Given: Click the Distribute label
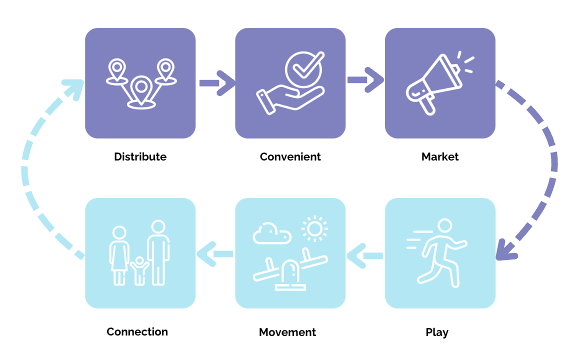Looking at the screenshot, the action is pos(140,157).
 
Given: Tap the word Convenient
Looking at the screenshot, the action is pos(290,157).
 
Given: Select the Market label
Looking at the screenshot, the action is pos(440,157).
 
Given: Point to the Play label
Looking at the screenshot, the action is pos(437,332).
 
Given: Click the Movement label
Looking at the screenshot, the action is pos(287,332).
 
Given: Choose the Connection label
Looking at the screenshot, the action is pos(137,332).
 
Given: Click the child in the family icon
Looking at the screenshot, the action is pos(139,270).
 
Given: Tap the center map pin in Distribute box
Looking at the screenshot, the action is pos(141,90).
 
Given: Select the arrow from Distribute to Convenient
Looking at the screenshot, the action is pos(215,83).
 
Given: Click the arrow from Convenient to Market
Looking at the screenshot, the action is pos(365,80).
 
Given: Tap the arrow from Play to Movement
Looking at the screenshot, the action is pos(365,256).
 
